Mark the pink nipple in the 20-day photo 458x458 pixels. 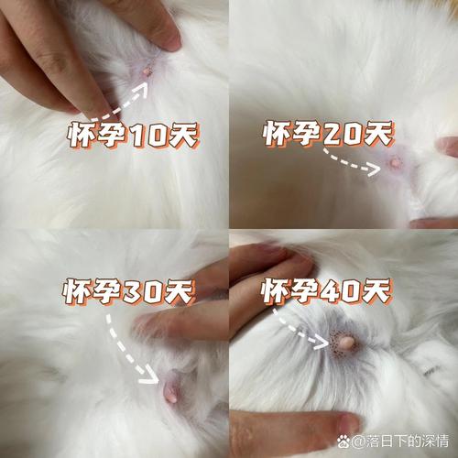[396, 163]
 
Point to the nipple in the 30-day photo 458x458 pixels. [171, 389]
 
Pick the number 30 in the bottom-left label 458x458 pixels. [149, 292]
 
